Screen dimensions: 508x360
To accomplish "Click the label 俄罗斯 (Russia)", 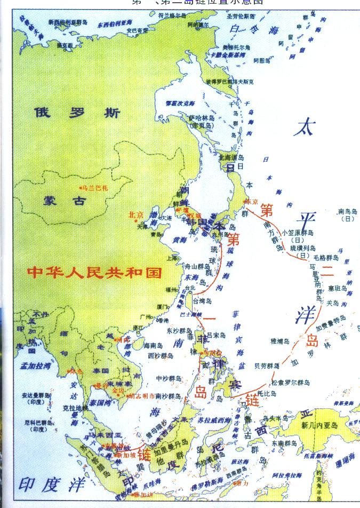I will [77, 114].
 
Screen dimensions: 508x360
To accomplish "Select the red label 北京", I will [136, 215].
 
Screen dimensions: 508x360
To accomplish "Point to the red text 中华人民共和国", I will [94, 273].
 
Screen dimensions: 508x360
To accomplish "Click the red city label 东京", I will [251, 201].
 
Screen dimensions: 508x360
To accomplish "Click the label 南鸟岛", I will [348, 211].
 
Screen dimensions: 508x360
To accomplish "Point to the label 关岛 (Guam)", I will [332, 303].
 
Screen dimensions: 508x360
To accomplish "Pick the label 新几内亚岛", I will [319, 425].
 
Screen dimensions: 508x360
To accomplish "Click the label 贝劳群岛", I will [267, 366].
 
